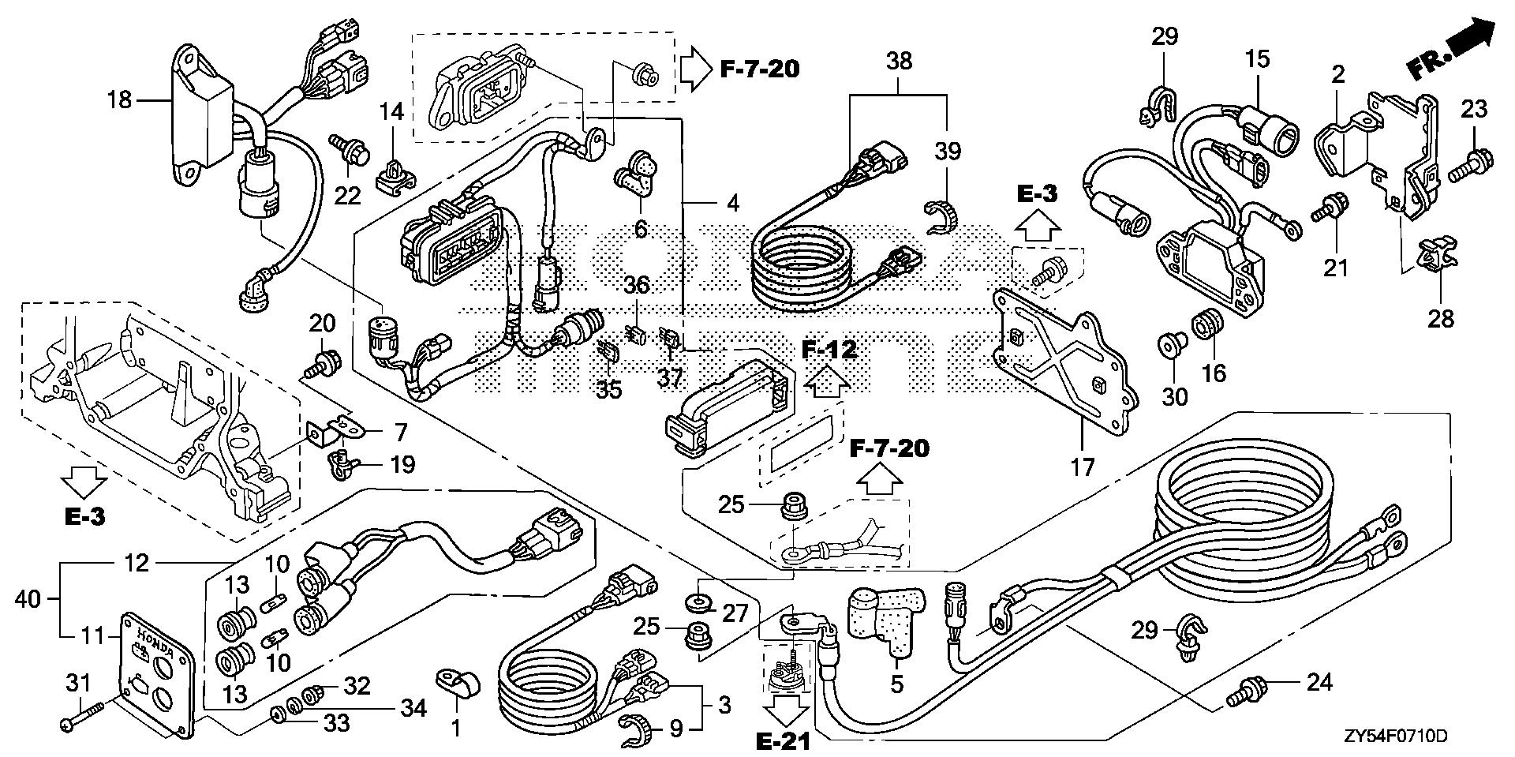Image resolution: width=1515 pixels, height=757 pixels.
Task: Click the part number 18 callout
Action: point(121,100)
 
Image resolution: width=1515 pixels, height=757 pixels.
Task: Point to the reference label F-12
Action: point(829,350)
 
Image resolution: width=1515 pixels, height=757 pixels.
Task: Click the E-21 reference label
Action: point(784,741)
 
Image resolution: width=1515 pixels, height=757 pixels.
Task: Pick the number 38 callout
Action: point(899,61)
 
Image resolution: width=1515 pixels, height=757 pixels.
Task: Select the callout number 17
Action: point(1082,467)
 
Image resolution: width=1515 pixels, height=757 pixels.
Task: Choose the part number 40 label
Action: point(29,600)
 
